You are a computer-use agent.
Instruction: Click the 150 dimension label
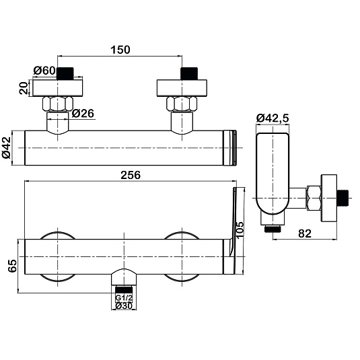[120, 50]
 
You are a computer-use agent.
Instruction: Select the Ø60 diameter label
[44, 71]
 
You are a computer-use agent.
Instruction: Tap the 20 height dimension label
[24, 87]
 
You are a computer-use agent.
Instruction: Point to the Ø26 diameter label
[83, 114]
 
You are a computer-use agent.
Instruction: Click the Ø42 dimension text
[7, 147]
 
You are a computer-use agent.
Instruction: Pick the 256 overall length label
[131, 175]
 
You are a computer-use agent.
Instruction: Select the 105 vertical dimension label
[240, 230]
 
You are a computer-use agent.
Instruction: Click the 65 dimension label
[12, 266]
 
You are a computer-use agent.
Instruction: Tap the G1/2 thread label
[124, 298]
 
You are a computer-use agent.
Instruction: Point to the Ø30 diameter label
[124, 305]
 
